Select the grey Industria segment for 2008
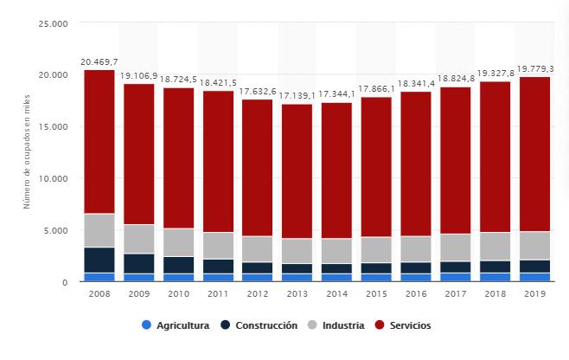click(x=99, y=230)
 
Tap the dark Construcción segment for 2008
click(x=99, y=260)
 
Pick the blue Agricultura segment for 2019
click(x=534, y=278)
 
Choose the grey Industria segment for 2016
click(x=416, y=249)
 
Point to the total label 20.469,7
click(x=99, y=62)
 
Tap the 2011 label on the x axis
click(x=218, y=295)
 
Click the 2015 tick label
click(x=376, y=295)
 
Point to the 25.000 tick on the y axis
click(x=54, y=23)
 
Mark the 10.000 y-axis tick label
click(x=54, y=178)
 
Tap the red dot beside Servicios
click(x=382, y=326)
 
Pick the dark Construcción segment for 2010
click(x=178, y=265)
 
